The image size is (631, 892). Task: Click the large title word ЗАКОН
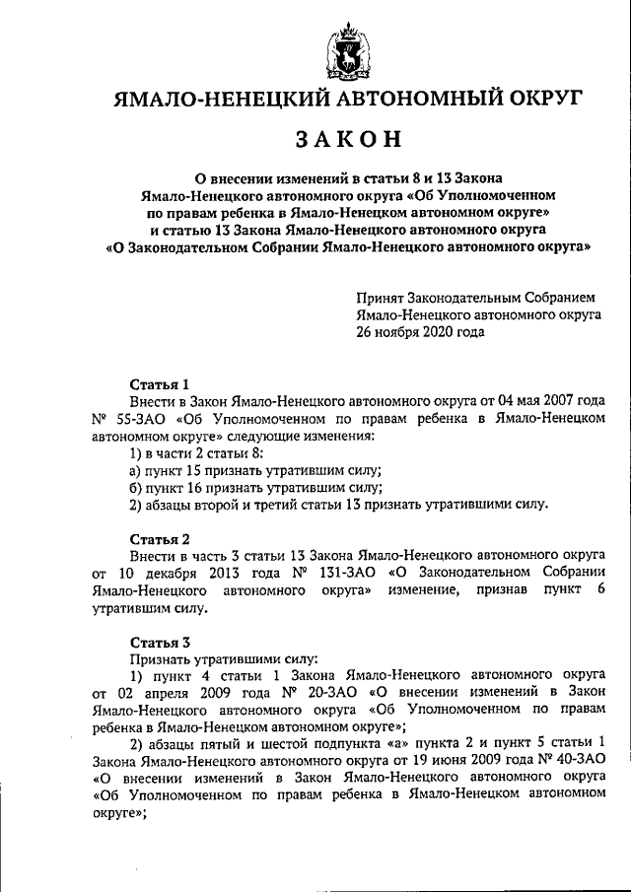pos(347,140)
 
